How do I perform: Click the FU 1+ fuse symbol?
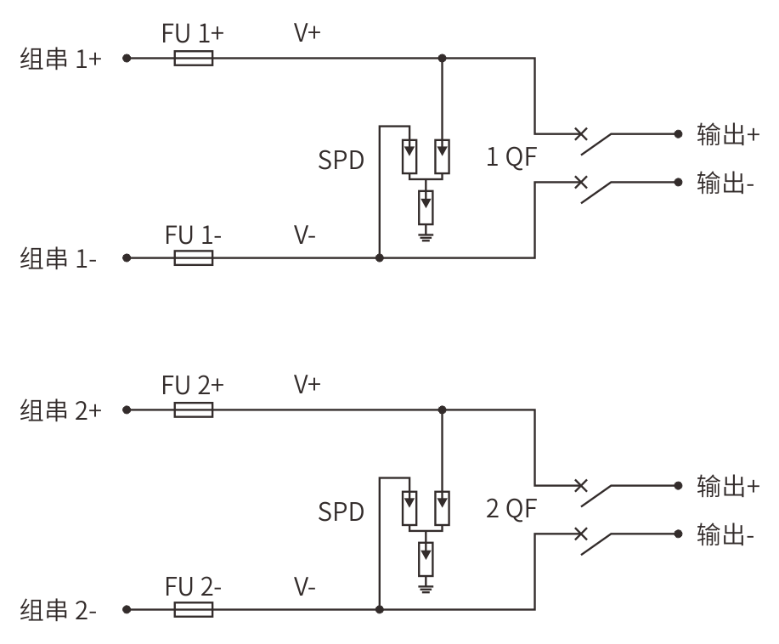click(x=194, y=58)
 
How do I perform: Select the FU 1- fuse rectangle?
click(x=194, y=258)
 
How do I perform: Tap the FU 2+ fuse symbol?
click(x=194, y=410)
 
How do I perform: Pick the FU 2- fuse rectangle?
click(x=194, y=609)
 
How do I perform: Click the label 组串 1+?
click(x=60, y=59)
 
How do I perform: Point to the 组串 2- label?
click(x=58, y=610)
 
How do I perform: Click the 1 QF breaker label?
click(x=511, y=157)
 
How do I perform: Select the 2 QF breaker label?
click(x=511, y=509)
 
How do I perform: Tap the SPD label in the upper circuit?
click(x=341, y=160)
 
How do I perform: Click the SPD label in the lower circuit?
click(x=341, y=511)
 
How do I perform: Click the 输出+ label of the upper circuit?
click(x=728, y=134)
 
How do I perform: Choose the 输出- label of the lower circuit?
click(x=725, y=534)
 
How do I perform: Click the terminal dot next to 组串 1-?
click(x=127, y=258)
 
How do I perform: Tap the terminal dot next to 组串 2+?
click(x=127, y=410)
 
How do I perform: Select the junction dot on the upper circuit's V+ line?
click(x=442, y=58)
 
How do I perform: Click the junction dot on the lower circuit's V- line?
click(x=380, y=609)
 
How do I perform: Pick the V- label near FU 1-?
click(x=304, y=234)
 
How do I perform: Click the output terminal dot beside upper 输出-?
click(x=678, y=183)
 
